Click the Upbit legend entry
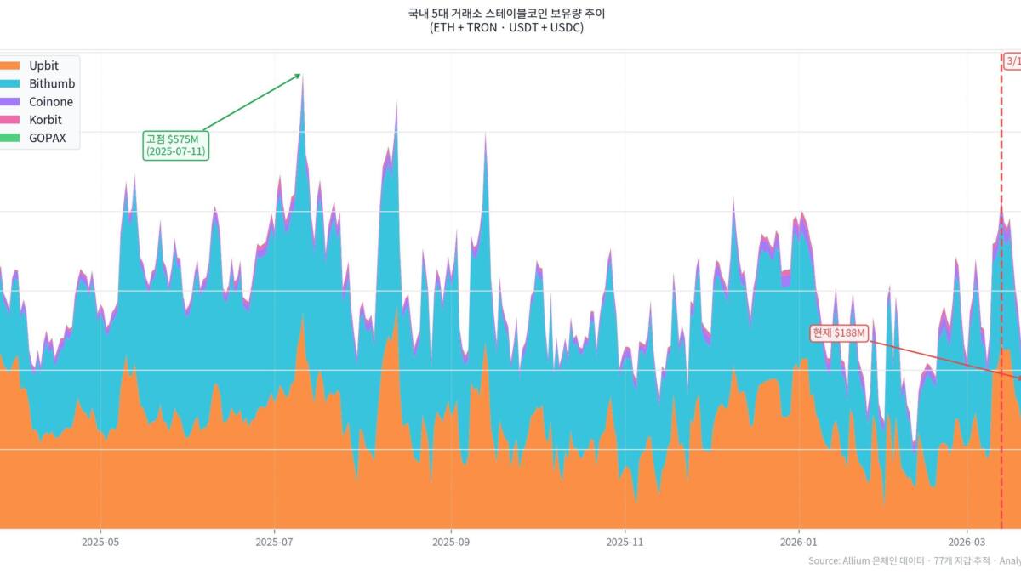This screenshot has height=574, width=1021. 43,65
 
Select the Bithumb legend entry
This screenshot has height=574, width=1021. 52,83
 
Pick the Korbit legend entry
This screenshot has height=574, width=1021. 45,120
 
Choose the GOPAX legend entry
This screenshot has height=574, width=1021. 47,138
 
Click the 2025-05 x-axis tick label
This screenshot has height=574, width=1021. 100,542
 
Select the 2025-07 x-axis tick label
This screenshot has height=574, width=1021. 274,542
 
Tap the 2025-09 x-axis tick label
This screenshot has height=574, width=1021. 451,542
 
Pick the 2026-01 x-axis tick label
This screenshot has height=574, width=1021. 799,542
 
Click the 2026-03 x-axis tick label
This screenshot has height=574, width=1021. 967,542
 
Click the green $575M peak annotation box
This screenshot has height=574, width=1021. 175,145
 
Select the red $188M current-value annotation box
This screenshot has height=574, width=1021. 839,333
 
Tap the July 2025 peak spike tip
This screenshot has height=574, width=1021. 303,77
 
